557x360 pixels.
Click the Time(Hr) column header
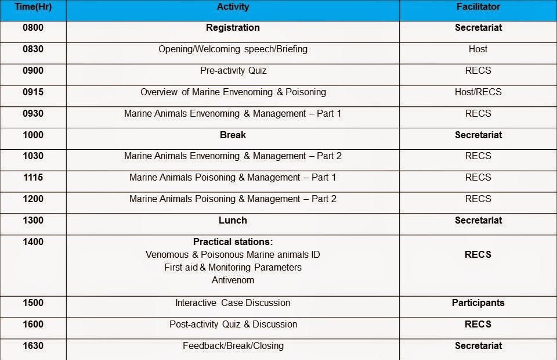[33, 7]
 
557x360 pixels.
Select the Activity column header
[233, 7]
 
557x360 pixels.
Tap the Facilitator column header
[478, 7]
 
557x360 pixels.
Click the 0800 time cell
[33, 28]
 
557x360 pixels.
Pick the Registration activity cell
[233, 28]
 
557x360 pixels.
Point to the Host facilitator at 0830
[478, 49]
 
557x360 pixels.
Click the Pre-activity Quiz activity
[233, 71]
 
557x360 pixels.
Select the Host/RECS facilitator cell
[478, 92]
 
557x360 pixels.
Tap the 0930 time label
[33, 113]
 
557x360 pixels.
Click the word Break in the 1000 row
[233, 135]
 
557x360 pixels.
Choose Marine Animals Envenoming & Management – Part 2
[233, 156]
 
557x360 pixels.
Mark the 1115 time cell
[33, 177]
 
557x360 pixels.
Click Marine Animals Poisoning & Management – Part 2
[233, 199]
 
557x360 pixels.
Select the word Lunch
[233, 220]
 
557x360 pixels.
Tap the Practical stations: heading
[233, 242]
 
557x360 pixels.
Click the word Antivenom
[233, 280]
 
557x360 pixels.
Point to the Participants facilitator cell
[478, 303]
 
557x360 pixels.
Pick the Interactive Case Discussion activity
[233, 303]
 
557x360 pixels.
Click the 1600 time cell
[33, 324]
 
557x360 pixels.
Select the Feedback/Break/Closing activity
[233, 345]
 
